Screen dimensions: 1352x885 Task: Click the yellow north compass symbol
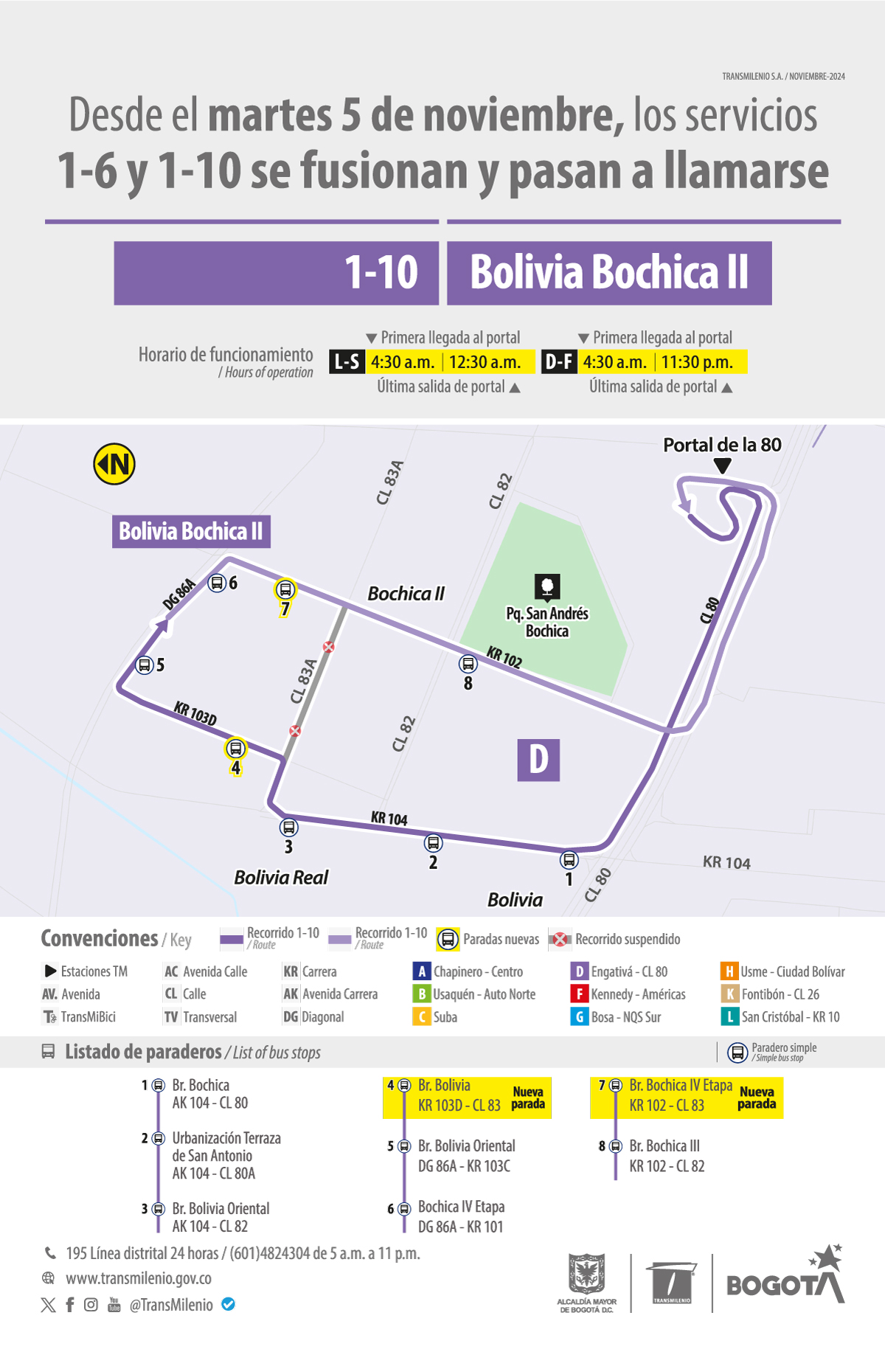click(x=114, y=464)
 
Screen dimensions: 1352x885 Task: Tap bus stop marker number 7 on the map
click(x=285, y=590)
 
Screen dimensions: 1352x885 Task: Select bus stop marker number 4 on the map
click(x=235, y=749)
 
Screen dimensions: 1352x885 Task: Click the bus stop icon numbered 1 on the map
click(x=569, y=859)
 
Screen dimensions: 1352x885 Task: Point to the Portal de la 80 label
click(x=722, y=445)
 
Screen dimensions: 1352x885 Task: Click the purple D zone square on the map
click(x=538, y=760)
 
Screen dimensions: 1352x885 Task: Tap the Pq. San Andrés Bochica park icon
click(x=547, y=586)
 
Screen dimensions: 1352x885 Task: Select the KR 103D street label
click(x=195, y=714)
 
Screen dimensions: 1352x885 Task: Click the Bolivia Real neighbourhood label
click(x=281, y=877)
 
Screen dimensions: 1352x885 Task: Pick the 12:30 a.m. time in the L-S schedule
click(x=485, y=362)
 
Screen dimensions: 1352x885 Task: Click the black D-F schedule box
click(x=559, y=362)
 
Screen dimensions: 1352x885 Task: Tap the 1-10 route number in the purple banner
click(x=381, y=272)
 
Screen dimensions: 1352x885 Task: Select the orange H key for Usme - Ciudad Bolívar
click(x=729, y=972)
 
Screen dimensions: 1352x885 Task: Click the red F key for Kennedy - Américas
click(x=579, y=994)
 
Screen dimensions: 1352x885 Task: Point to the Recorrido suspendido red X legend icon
click(x=560, y=939)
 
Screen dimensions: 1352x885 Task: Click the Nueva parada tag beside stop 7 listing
click(x=757, y=1098)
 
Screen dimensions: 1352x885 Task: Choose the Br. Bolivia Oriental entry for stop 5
click(x=466, y=1146)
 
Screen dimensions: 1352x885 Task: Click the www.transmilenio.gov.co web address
click(x=139, y=1278)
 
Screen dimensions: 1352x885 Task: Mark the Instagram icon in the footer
click(x=91, y=1304)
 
